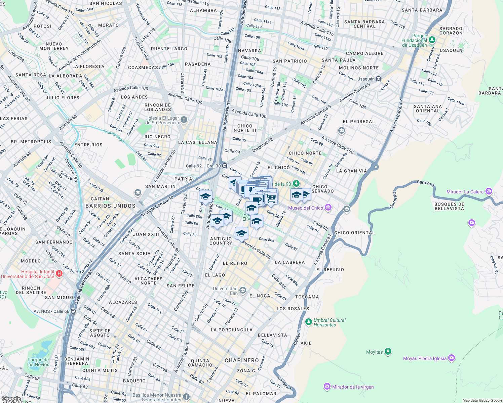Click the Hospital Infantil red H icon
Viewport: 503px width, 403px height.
[59, 273]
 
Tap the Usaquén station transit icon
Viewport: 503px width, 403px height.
[378, 79]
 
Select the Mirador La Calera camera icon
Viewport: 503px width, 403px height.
[489, 191]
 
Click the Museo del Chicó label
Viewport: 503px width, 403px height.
[305, 208]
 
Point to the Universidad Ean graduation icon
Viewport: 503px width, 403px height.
[243, 290]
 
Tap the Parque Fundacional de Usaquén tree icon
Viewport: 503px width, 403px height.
[432, 40]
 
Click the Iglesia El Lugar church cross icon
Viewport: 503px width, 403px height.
[184, 120]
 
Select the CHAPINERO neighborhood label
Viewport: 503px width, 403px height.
[242, 360]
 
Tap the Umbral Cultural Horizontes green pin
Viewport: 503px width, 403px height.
[308, 322]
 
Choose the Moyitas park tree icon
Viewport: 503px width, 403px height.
[388, 352]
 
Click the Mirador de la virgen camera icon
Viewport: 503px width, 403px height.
[327, 387]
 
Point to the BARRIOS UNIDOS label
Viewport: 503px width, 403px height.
[110, 206]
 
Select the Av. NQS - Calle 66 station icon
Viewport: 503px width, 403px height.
[73, 311]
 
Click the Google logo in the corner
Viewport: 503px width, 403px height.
[11, 399]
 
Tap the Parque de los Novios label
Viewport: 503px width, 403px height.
[38, 362]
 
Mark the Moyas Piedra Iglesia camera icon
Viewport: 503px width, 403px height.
[452, 358]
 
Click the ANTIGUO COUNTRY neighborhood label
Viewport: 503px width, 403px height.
[221, 241]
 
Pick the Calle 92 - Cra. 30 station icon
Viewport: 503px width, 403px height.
[224, 166]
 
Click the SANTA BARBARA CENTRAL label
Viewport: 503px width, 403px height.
[364, 24]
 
